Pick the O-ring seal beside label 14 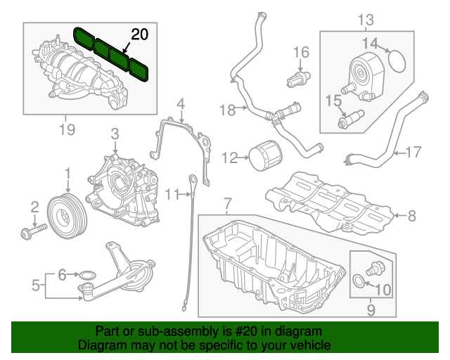coord(399,61)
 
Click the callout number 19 coord(66,128)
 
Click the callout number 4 coord(181,105)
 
